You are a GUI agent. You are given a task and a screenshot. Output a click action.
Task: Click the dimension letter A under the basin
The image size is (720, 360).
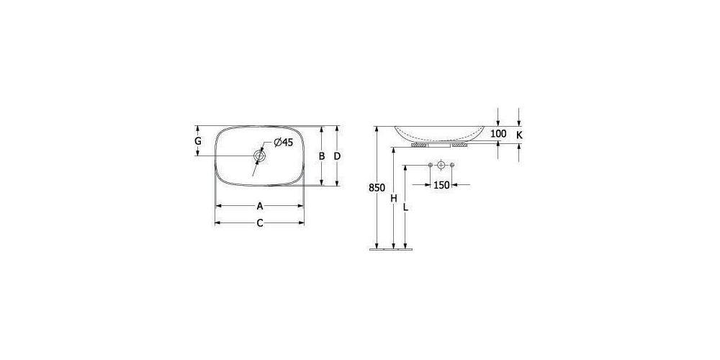coord(260,205)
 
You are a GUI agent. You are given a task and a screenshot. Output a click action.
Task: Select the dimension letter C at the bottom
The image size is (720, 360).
coord(260,223)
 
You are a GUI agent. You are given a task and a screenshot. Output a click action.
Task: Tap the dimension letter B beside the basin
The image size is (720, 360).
coord(322,156)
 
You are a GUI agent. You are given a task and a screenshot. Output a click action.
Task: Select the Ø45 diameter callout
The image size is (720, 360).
coord(282,143)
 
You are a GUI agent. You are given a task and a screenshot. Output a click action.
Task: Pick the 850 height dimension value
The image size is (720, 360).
coord(376,187)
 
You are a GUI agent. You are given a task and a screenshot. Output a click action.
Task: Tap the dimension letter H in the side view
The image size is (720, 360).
coord(393,198)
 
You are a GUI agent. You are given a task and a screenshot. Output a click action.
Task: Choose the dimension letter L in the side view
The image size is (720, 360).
coord(406,207)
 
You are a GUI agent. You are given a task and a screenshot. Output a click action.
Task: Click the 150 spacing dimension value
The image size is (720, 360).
coord(441,185)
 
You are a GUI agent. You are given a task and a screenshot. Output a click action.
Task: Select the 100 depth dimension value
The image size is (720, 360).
coord(498,134)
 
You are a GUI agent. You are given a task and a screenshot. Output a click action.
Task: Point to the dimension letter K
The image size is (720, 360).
coord(520,134)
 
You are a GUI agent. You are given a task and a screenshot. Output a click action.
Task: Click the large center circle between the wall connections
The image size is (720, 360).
coord(441,166)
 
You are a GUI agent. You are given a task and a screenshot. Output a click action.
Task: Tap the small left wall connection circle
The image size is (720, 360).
coord(430,166)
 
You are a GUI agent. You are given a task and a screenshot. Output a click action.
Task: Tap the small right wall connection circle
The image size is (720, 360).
coord(453,166)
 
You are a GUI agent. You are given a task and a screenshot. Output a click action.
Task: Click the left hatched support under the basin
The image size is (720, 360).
coord(418,145)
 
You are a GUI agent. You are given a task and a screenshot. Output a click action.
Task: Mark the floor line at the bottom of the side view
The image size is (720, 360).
coord(392,249)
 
